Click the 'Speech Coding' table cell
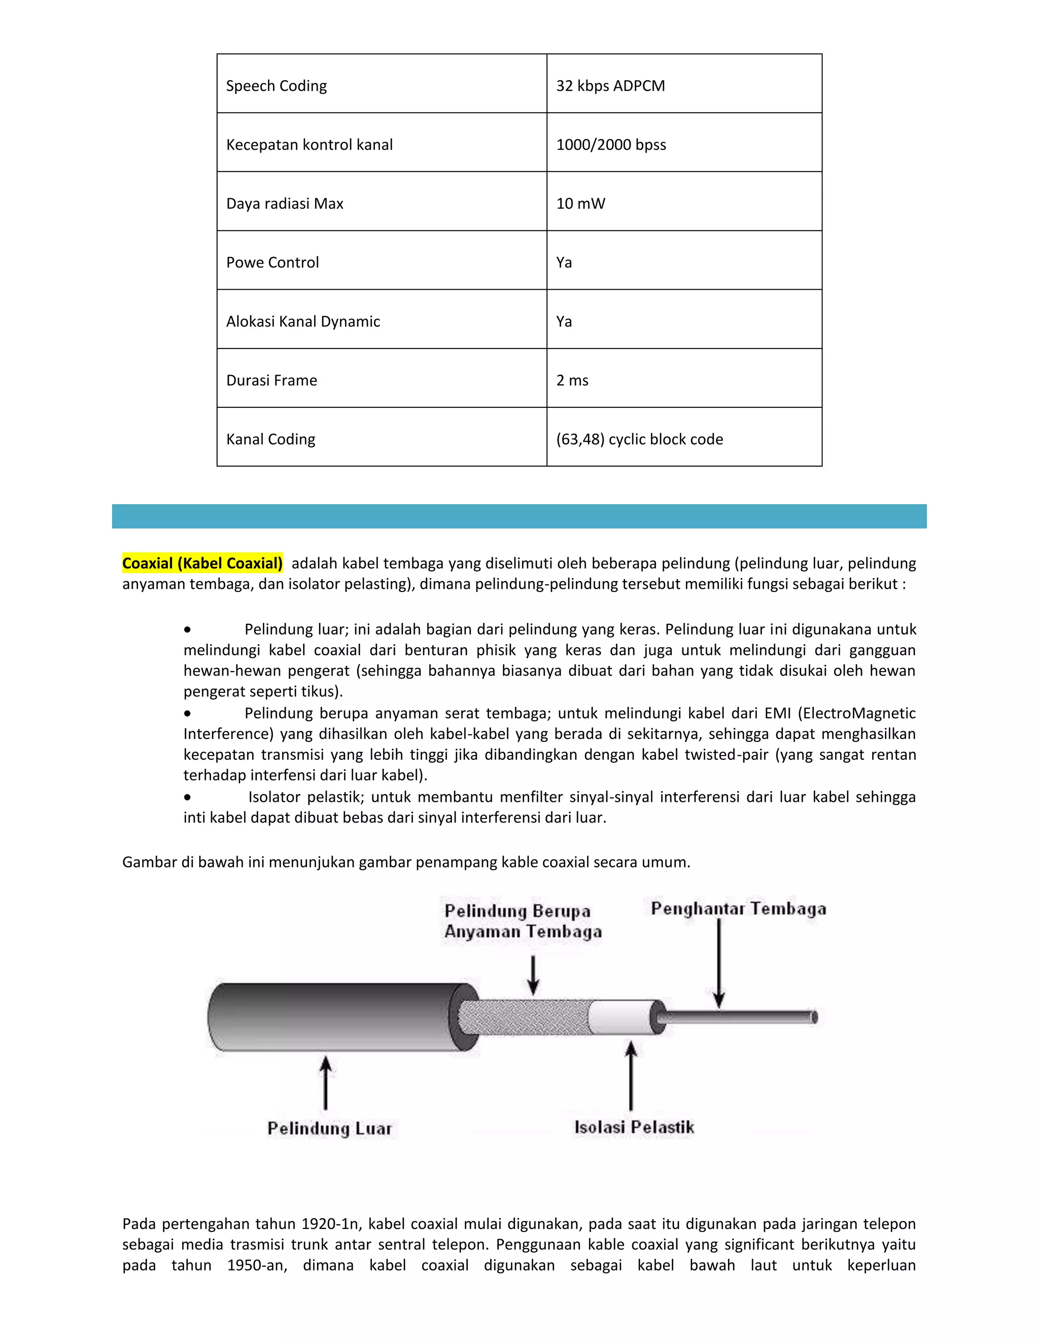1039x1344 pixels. point(276,86)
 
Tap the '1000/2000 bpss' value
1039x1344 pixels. point(611,145)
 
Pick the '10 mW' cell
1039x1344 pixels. point(580,204)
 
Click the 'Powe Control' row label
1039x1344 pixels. point(272,263)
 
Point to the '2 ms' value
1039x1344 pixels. point(572,380)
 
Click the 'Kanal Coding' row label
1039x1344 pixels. point(271,439)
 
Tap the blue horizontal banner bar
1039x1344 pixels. point(519,516)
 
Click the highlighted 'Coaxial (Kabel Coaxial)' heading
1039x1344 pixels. point(202,563)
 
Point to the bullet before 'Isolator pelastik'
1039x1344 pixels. point(187,798)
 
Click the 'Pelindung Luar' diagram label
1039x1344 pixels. point(329,1128)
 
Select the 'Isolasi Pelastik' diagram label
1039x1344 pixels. point(634,1127)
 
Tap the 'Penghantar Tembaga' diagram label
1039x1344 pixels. point(738,908)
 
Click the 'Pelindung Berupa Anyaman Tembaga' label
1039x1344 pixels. point(523,921)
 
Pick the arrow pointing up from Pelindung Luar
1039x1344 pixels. point(326,1083)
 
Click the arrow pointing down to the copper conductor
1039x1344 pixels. point(718,963)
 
